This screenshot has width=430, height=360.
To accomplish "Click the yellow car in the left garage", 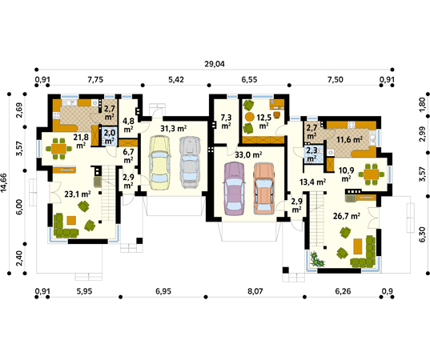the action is [x=159, y=162].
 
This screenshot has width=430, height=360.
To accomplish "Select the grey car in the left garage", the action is [x=191, y=162].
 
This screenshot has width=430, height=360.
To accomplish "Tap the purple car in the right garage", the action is [x=234, y=189].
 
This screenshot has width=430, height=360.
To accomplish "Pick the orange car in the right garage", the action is [x=263, y=189].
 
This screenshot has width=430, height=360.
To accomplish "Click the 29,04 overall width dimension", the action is [x=215, y=64].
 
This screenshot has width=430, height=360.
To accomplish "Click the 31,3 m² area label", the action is [x=174, y=129].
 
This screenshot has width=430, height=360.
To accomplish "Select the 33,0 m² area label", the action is [x=248, y=154].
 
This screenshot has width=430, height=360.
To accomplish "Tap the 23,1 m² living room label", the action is [x=78, y=194].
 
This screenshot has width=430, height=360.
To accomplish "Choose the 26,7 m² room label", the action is [x=347, y=216].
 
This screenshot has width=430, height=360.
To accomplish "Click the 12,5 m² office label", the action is [x=263, y=122].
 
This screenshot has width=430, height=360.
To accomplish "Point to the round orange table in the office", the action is [x=250, y=117].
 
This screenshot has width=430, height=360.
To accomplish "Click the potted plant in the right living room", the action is [x=317, y=259].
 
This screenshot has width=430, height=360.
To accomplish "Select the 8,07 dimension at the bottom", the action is [x=255, y=291].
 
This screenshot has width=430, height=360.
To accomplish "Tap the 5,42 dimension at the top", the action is [x=176, y=80].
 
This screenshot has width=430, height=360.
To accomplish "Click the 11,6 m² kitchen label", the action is [x=350, y=140].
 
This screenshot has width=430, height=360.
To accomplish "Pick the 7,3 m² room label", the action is [x=227, y=122].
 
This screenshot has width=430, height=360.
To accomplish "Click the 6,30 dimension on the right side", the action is [x=423, y=234].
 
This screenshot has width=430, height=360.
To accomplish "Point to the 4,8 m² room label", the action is [x=128, y=125].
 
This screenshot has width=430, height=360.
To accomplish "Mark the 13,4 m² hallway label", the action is [x=312, y=182].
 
